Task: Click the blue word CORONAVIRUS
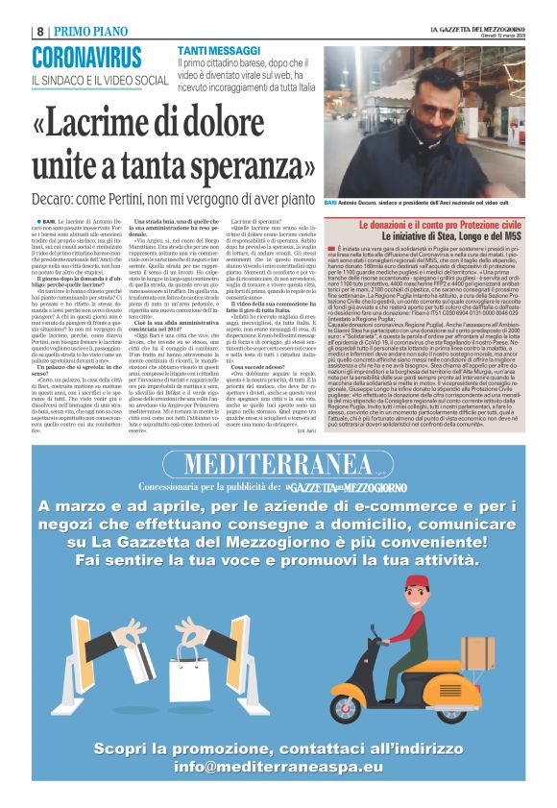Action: coord(85,56)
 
